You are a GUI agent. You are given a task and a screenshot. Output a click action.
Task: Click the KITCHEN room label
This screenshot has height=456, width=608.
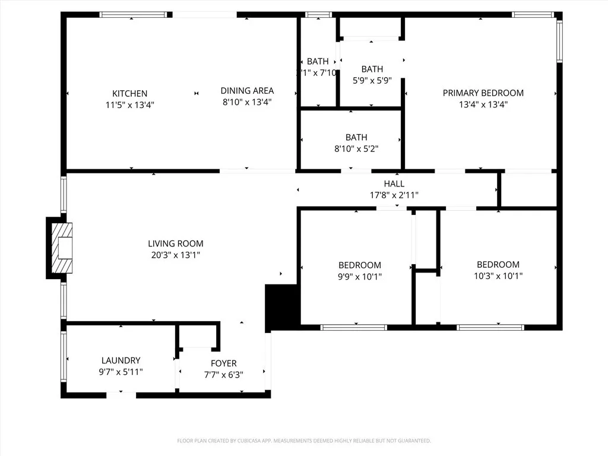[x=129, y=93]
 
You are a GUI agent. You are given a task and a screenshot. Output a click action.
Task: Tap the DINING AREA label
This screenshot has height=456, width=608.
[x=247, y=90]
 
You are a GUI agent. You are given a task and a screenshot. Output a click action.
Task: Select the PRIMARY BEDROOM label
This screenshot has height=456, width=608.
[x=483, y=93]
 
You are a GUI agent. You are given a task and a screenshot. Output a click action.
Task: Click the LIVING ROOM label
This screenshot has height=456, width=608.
[x=175, y=243]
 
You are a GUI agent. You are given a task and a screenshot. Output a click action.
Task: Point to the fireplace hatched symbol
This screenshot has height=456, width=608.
[x=61, y=248]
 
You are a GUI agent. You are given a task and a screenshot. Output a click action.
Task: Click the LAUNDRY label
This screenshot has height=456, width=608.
[x=121, y=360]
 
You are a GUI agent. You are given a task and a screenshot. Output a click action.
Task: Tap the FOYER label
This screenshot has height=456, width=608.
[x=223, y=363]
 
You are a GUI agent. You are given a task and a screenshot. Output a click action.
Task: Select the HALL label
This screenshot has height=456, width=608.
[x=394, y=184]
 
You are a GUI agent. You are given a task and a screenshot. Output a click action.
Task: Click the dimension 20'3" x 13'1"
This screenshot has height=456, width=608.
[x=175, y=255]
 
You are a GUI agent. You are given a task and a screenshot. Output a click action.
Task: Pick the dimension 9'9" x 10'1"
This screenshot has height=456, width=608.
[x=360, y=276]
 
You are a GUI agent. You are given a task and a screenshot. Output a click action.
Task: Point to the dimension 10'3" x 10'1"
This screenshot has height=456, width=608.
[x=498, y=275]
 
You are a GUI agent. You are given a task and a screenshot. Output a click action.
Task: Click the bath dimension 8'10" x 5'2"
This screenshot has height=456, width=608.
[x=356, y=148]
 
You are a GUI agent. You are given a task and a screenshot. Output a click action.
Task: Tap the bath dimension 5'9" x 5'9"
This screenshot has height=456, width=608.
[x=372, y=80]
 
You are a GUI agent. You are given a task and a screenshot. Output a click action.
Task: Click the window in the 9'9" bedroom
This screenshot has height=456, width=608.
[x=354, y=327]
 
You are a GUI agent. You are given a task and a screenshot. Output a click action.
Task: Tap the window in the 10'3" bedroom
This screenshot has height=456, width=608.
[x=490, y=327]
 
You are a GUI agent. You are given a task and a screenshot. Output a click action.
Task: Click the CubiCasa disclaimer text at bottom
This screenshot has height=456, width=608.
[x=303, y=441]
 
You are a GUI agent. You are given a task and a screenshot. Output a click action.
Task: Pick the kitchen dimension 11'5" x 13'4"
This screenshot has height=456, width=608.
[x=129, y=104]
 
